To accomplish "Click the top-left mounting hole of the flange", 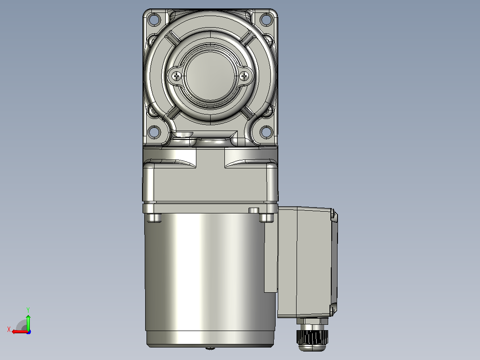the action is pyautogui.click(x=154, y=20).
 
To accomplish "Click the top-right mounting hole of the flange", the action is pyautogui.click(x=266, y=20).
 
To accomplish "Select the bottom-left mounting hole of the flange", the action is pyautogui.click(x=154, y=132).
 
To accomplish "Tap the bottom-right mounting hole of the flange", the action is pyautogui.click(x=266, y=132).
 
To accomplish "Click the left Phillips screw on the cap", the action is pyautogui.click(x=177, y=76).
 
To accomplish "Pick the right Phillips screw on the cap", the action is pyautogui.click(x=244, y=76).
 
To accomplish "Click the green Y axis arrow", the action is pyautogui.click(x=28, y=322).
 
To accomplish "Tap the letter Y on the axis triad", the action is pyautogui.click(x=28, y=310).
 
